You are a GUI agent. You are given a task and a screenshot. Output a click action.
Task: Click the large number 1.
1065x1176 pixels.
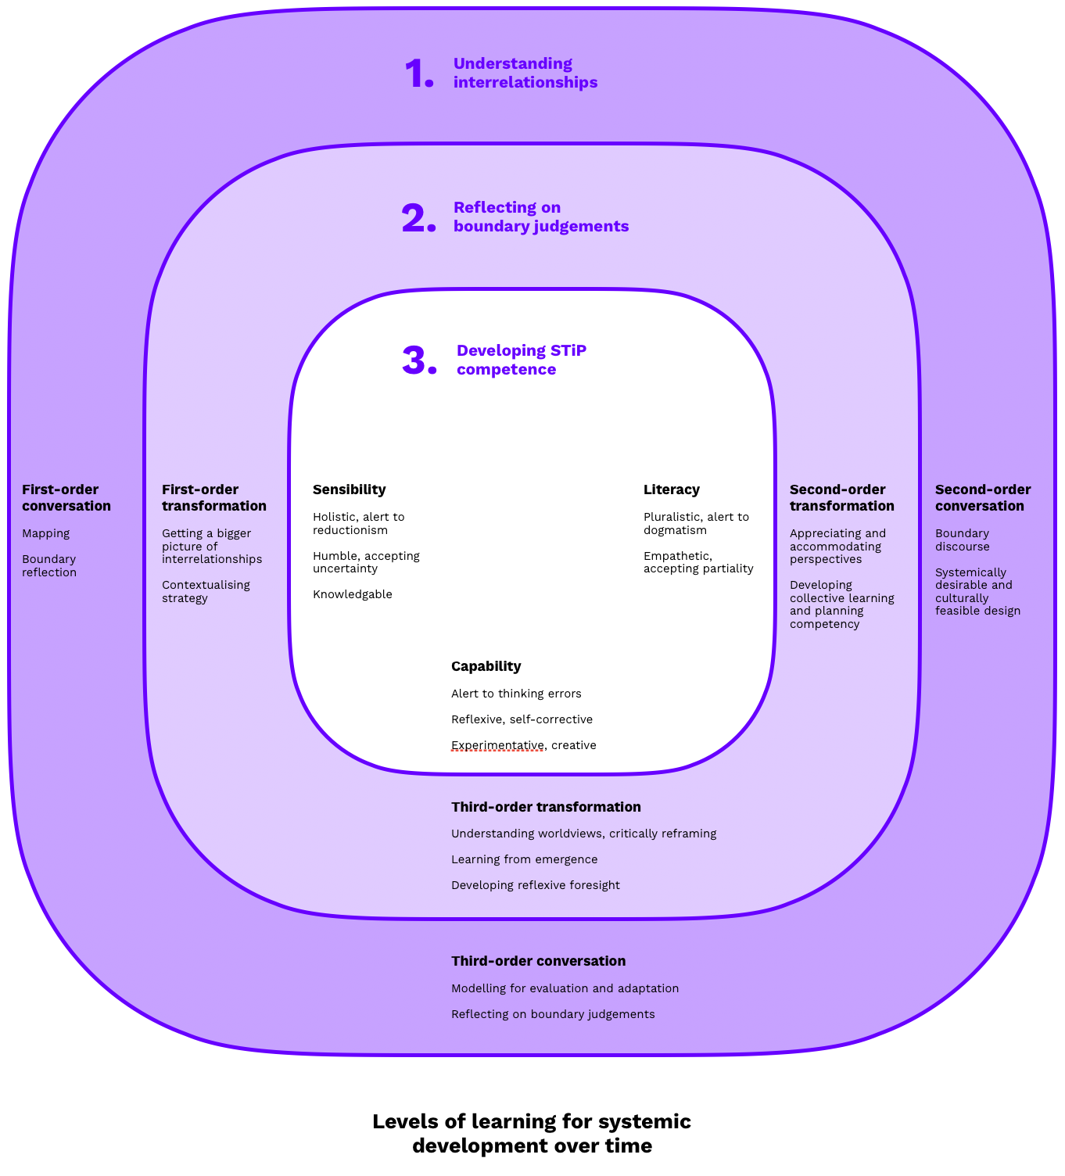pos(418,74)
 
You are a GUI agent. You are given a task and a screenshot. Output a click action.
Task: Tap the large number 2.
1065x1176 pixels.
pos(418,218)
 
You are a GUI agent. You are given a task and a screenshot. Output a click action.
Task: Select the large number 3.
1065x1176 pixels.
pos(419,361)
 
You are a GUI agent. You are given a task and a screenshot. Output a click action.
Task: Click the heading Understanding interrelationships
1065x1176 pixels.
pos(525,73)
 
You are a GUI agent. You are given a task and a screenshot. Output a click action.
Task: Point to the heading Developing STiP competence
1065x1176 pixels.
pos(521,360)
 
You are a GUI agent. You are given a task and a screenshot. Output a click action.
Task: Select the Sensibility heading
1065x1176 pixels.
pos(349,489)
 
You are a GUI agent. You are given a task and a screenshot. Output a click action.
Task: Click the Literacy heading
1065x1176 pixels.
pos(671,489)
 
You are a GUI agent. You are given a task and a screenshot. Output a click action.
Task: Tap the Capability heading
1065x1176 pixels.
pos(486,666)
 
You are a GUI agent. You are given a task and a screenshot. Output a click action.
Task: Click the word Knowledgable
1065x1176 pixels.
pos(352,594)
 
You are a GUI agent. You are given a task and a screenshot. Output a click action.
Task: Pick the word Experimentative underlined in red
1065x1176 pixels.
pos(497,745)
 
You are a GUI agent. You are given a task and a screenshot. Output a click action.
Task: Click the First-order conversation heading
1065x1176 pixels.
pos(66,497)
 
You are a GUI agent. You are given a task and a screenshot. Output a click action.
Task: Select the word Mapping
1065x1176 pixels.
pos(45,533)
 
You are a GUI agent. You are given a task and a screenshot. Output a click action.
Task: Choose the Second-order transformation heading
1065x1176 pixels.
pos(841,497)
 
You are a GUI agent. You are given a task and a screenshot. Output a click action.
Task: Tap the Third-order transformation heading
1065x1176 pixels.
pos(546,807)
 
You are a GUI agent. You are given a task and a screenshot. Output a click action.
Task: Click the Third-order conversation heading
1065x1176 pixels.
pos(538,961)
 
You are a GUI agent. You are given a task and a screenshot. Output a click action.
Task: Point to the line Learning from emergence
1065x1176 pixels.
pos(524,859)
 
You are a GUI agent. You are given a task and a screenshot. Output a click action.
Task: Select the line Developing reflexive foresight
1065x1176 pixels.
pos(535,885)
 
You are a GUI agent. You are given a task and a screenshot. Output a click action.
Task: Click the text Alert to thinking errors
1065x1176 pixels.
pos(516,694)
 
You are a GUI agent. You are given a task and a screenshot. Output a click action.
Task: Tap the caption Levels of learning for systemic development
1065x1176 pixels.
pos(532,1133)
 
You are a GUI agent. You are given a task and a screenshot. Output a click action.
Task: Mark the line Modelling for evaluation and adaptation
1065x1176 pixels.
pos(565,988)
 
